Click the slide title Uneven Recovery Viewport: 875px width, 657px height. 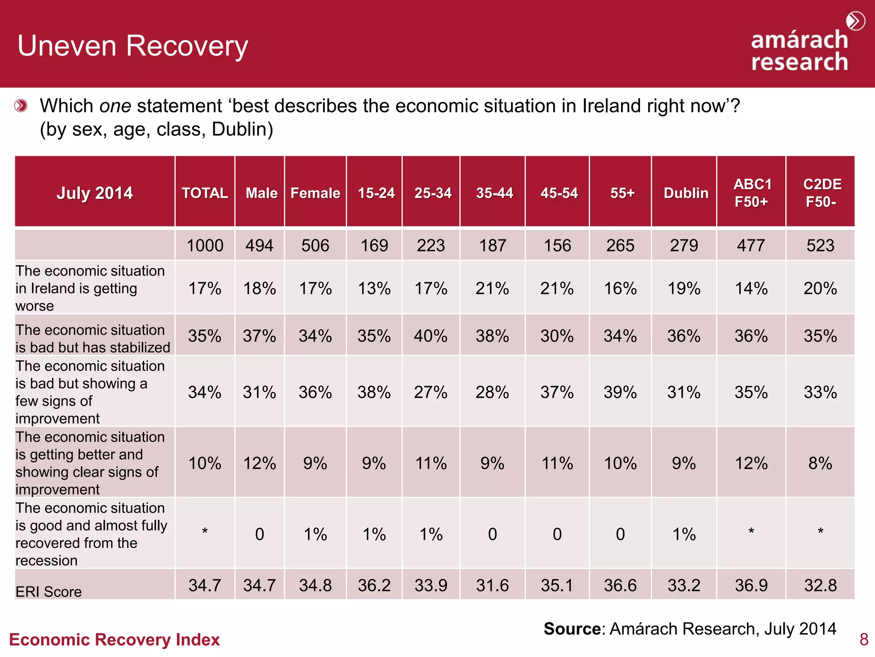point(132,46)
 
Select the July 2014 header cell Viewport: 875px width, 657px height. point(94,193)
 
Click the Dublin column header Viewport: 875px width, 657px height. point(686,193)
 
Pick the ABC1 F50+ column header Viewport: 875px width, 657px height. point(752,193)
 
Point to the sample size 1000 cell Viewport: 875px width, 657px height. point(205,246)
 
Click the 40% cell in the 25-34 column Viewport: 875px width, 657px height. point(431,336)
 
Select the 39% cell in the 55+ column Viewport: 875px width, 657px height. point(620,392)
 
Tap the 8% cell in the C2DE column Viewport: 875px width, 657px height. point(820,463)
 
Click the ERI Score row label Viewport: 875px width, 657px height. point(49,592)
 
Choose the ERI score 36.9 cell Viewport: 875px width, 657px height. point(751,585)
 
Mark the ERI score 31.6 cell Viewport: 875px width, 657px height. point(492,585)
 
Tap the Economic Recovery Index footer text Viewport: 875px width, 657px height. point(115,639)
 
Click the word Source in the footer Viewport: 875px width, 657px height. point(572,629)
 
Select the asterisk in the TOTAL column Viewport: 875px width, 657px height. point(205,532)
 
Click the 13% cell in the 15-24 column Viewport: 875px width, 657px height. point(374,289)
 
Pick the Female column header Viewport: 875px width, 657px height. point(315,193)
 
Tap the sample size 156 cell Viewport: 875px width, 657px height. point(557,246)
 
